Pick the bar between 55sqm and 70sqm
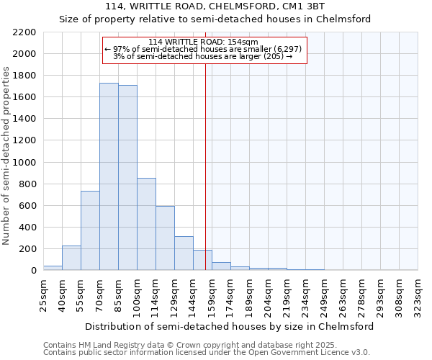pyautogui.click(x=90, y=230)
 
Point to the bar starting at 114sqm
pyautogui.click(x=165, y=238)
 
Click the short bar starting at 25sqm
pyautogui.click(x=53, y=268)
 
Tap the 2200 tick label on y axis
pyautogui.click(x=24, y=32)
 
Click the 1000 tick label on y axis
pyautogui.click(x=24, y=163)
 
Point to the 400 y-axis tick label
pyautogui.click(x=27, y=228)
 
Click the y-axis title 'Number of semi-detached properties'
pyautogui.click(x=7, y=156)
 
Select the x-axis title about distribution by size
pyautogui.click(x=230, y=326)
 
